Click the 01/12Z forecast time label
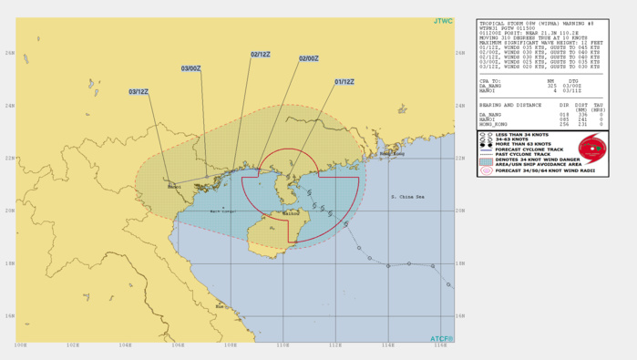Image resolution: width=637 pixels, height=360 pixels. pos(344,82)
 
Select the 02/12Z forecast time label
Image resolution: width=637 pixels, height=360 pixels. pos(262,55)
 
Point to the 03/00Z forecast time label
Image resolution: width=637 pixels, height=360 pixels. pos(190,68)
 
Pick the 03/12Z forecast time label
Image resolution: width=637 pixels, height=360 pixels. pos(139,91)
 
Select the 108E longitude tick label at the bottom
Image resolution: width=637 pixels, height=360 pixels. pos(231,345)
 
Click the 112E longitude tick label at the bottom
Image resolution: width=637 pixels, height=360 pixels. pos(335,345)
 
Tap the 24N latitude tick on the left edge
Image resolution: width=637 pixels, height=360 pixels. pos(9,106)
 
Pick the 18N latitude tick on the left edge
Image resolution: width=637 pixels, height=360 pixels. pos(9,263)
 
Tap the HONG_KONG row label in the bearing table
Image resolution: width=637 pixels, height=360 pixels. pos(493,124)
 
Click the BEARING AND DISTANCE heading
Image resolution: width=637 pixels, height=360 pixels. pos(509,105)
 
